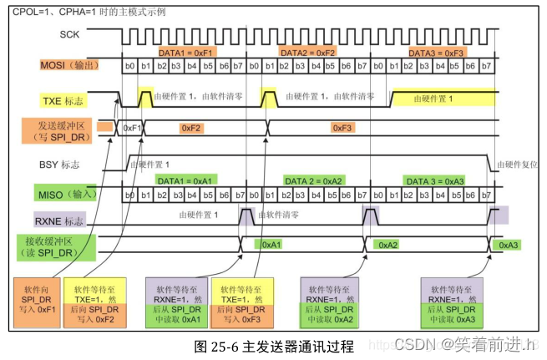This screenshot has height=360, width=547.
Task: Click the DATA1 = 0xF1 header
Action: [x=187, y=52]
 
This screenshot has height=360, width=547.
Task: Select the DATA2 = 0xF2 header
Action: [x=308, y=52]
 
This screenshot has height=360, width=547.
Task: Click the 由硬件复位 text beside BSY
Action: [x=518, y=165]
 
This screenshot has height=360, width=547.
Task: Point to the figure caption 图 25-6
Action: [x=273, y=346]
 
